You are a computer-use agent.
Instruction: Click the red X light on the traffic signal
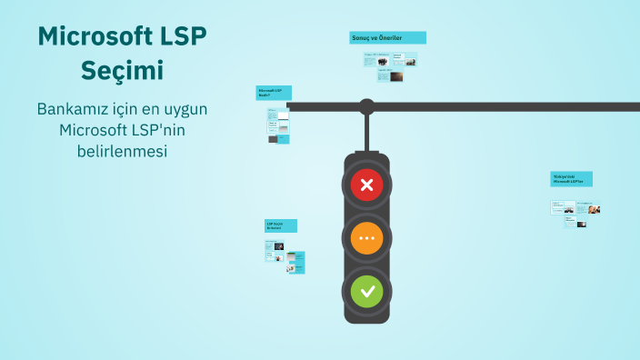pos(367,186)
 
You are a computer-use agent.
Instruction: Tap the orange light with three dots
pos(367,239)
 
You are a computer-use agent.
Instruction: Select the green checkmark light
pos(367,292)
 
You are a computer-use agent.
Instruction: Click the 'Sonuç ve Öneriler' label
pos(387,37)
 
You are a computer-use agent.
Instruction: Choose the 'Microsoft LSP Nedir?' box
pos(272,93)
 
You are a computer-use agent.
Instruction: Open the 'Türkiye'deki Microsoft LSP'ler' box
pos(571,179)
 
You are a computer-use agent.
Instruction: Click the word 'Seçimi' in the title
pos(122,70)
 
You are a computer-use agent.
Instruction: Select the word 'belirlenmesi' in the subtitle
pos(122,151)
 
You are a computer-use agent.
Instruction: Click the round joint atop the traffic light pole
pos(366,106)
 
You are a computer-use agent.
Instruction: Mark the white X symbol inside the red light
pos(367,186)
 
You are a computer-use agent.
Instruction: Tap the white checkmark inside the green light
pos(367,292)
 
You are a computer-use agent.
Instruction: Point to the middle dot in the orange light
pos(367,239)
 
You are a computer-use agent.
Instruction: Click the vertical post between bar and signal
pos(366,133)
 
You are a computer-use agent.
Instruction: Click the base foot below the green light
pos(366,318)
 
